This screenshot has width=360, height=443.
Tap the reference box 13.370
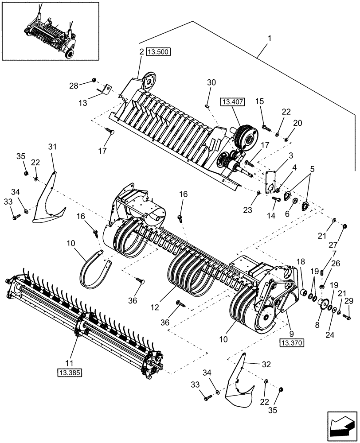tap(290, 342)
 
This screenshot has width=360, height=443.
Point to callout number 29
tap(349, 301)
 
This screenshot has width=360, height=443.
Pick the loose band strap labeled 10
tap(96, 270)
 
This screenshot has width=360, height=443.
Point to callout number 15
tap(259, 102)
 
